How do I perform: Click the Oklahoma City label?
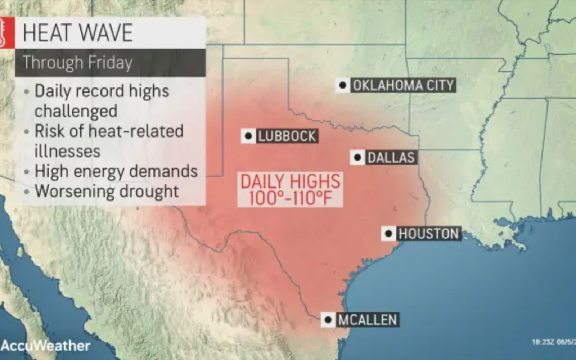pos(403,85)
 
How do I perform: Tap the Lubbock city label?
pos(287,136)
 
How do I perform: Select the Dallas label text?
pos(391,158)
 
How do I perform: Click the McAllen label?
pos(368,320)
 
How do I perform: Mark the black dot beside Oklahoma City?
pos(343,85)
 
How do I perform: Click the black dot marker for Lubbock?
pos(248,136)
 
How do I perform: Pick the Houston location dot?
pos(389,234)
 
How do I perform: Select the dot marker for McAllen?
pos(328,320)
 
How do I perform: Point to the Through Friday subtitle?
pos(77,63)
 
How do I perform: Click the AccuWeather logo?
pos(45,346)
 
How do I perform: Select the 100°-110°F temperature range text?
pos(290,198)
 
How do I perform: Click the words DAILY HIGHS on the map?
pos(290,181)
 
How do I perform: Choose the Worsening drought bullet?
pos(107,191)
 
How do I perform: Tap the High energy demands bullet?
pos(116,171)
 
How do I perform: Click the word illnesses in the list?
pos(67,151)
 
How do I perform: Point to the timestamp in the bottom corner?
pos(553,342)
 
